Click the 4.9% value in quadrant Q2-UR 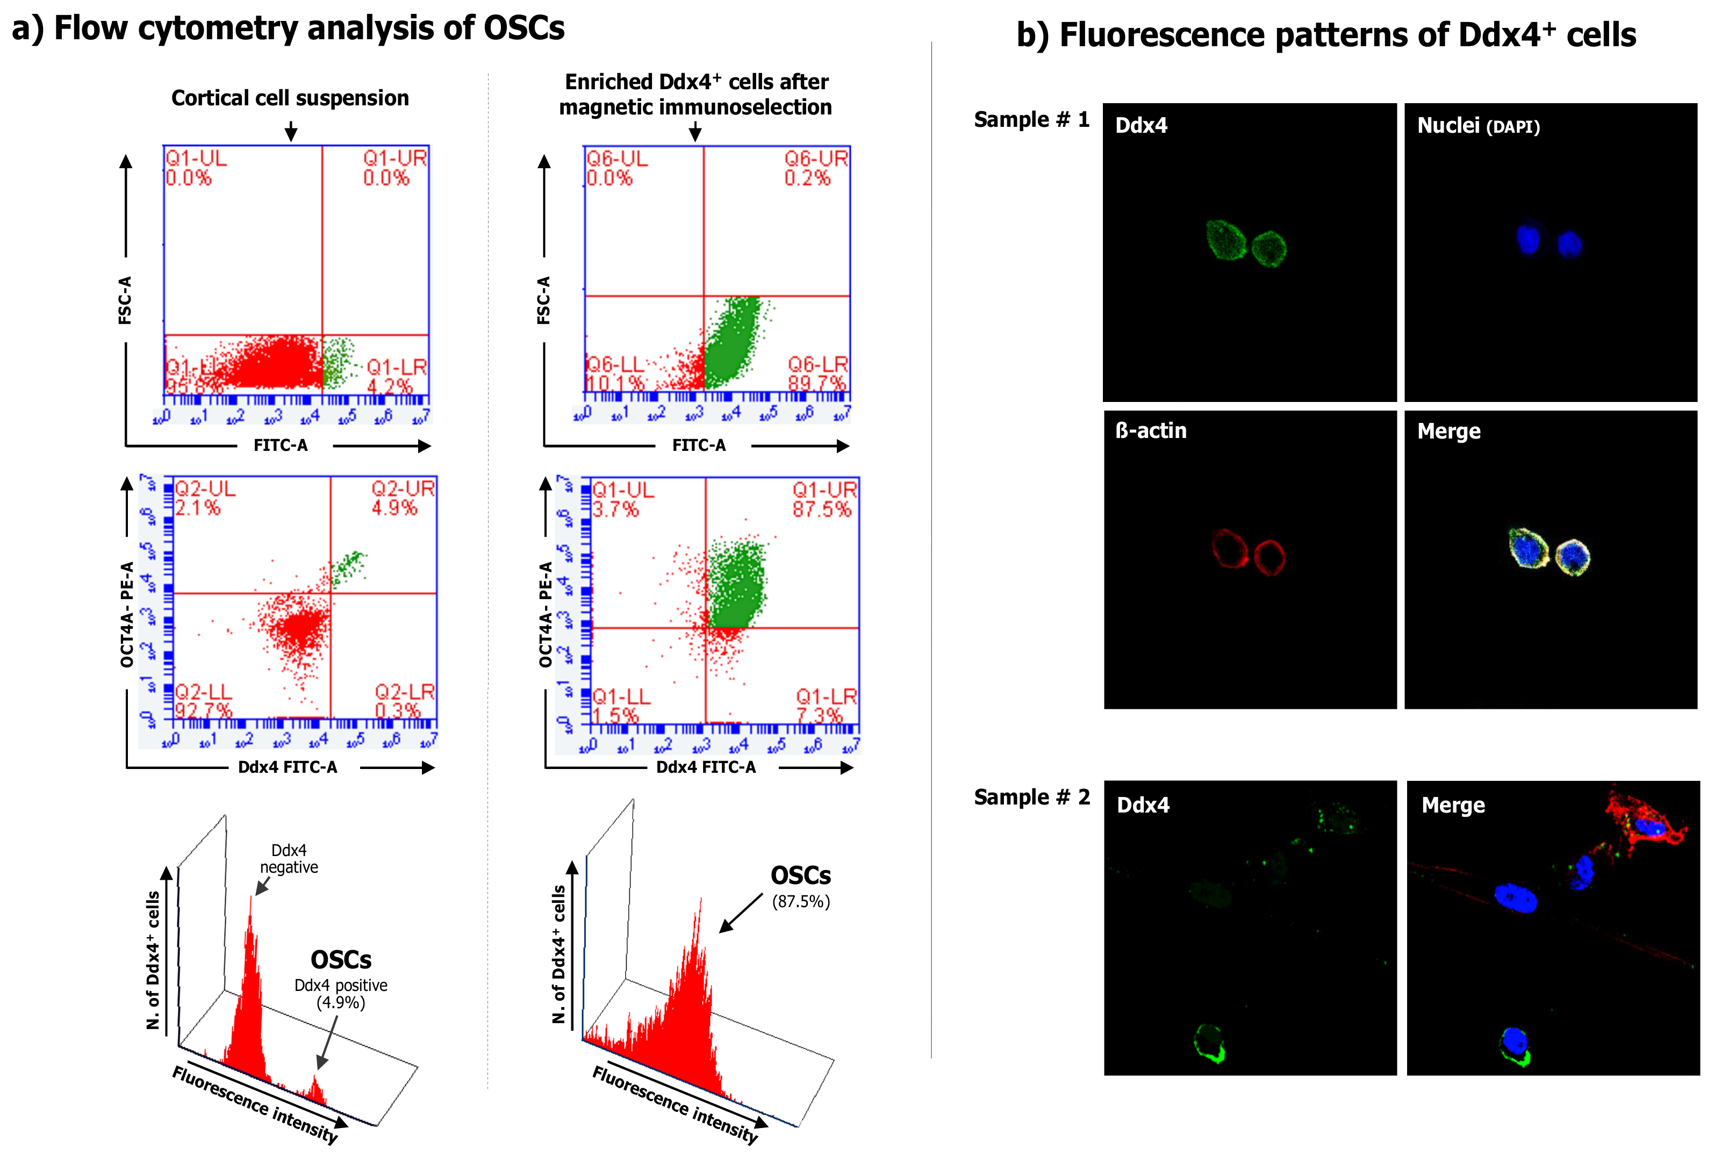click(394, 507)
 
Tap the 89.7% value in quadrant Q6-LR click(816, 383)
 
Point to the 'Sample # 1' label click(1031, 119)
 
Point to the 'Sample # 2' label click(1031, 797)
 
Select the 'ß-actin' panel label click(1151, 431)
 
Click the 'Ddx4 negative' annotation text click(289, 859)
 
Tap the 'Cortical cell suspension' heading click(290, 98)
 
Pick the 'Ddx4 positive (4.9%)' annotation click(340, 994)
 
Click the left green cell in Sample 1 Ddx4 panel click(1227, 240)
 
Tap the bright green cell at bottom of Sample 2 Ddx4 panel click(1209, 1044)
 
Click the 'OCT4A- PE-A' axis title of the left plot click(127, 614)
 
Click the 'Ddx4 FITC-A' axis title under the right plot click(706, 767)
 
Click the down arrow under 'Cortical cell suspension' click(291, 131)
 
